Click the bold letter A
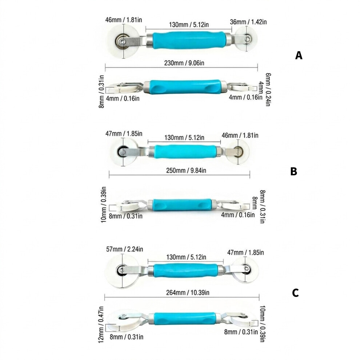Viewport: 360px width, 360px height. (x=299, y=55)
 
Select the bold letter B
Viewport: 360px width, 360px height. (x=294, y=171)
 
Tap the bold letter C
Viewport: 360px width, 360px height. (x=295, y=293)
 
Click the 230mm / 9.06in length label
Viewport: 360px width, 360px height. (x=184, y=63)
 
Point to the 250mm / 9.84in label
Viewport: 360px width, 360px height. (x=186, y=171)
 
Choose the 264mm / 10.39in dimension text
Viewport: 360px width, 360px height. (x=188, y=292)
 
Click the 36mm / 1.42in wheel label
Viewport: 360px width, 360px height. (x=248, y=22)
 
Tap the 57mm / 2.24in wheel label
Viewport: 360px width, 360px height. (x=124, y=249)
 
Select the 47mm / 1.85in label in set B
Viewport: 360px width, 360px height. (x=124, y=133)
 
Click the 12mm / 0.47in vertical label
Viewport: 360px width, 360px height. (x=101, y=325)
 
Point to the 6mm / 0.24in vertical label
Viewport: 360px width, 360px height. (x=268, y=89)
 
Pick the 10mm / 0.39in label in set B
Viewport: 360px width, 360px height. (x=103, y=205)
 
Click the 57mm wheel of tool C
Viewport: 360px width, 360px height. (x=122, y=271)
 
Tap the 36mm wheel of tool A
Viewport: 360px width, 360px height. (x=246, y=39)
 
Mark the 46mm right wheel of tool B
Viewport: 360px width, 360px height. (x=238, y=152)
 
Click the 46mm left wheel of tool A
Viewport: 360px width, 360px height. (x=123, y=41)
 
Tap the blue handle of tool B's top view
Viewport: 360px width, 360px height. (x=185, y=152)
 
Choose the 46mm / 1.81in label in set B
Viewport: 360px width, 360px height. (x=240, y=136)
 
